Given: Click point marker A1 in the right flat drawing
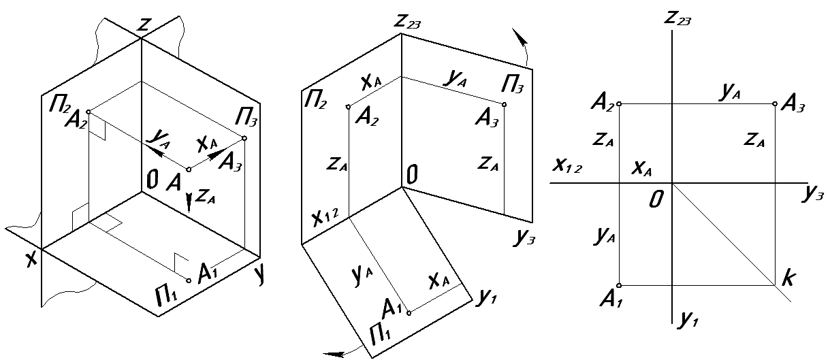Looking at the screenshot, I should click(x=619, y=285).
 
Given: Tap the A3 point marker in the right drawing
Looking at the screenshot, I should click(x=776, y=104).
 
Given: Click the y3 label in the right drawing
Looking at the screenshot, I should click(x=814, y=195).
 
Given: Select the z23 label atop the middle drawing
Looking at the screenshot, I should click(x=408, y=23).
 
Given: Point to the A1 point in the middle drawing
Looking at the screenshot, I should click(x=409, y=313).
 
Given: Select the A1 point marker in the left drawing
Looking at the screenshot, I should click(x=189, y=280).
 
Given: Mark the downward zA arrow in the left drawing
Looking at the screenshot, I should click(x=189, y=201).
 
